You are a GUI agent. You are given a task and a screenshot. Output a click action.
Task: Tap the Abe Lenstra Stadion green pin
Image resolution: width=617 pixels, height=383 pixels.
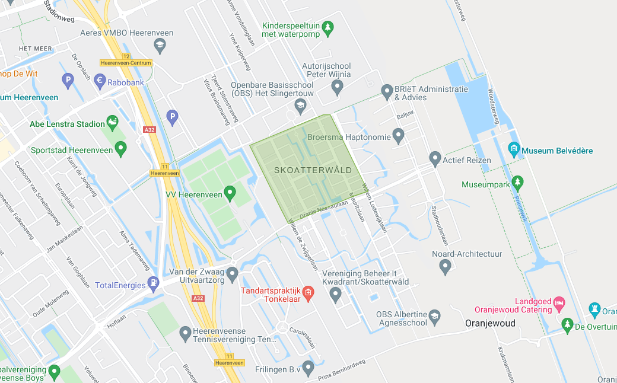113,122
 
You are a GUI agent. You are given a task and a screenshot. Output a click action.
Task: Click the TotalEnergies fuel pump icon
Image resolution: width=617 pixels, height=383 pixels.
154,283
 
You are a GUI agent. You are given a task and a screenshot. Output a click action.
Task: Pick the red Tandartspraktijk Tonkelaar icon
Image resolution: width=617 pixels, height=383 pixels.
308,292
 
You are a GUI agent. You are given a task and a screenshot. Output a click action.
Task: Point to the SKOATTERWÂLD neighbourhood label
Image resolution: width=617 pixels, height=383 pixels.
313,170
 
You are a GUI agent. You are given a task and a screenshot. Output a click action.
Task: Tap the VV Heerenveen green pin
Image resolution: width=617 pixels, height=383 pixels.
230,192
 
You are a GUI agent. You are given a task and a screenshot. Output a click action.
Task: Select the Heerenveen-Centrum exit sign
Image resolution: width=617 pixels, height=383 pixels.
126,63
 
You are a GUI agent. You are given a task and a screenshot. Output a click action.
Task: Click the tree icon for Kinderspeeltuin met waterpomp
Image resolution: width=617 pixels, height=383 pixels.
328,27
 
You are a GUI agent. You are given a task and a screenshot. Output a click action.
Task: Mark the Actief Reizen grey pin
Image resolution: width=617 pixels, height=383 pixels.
435,158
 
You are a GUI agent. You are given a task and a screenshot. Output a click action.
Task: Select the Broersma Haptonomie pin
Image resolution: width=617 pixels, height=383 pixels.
398,136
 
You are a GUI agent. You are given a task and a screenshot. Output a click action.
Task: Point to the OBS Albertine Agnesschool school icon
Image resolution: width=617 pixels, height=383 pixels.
435,315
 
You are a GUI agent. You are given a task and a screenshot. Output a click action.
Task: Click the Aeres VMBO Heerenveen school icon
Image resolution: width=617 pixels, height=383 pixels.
159,44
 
